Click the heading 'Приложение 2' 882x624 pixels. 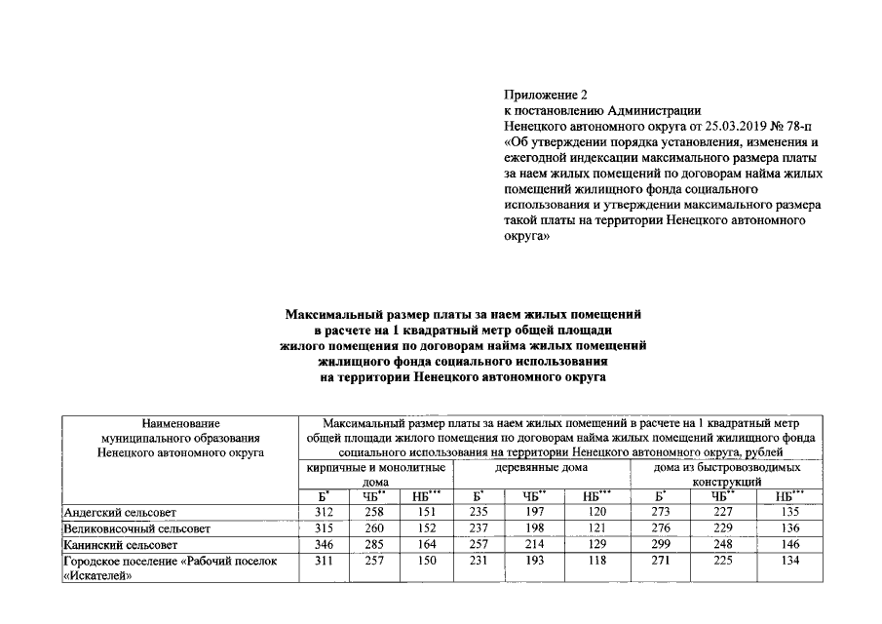click(x=546, y=96)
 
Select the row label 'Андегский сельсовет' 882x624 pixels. click(x=119, y=512)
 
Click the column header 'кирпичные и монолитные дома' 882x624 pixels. click(x=375, y=475)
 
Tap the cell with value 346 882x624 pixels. click(x=324, y=545)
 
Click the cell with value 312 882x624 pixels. click(x=324, y=512)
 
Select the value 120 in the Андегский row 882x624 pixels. click(x=597, y=512)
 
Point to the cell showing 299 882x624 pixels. click(x=665, y=545)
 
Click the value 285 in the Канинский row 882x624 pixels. click(x=375, y=545)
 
